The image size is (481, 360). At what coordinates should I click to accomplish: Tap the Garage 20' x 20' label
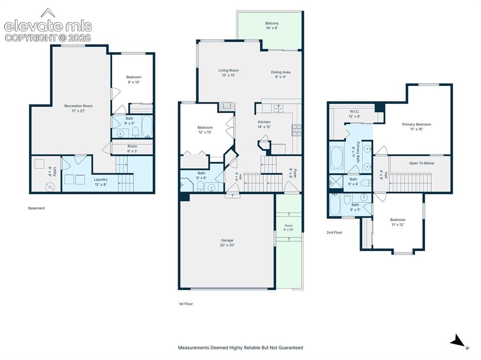(x=227, y=243)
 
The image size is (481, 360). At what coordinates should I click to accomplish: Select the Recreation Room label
(x=78, y=108)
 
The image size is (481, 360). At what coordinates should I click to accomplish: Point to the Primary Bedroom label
(x=416, y=127)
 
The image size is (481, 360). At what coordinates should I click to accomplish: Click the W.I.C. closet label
(x=354, y=114)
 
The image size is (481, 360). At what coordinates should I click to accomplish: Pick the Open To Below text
(x=421, y=163)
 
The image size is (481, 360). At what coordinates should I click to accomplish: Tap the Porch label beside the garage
(x=288, y=228)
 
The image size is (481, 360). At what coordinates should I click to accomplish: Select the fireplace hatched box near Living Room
(x=227, y=107)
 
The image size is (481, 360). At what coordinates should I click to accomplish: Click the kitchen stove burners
(x=296, y=130)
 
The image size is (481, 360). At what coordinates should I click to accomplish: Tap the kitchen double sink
(x=279, y=108)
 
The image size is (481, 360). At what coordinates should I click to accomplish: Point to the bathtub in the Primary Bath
(x=337, y=158)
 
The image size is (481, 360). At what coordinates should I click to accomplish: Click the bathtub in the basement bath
(x=147, y=126)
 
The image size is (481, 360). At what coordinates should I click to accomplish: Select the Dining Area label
(x=280, y=75)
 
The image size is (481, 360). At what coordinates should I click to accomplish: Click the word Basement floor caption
(x=37, y=208)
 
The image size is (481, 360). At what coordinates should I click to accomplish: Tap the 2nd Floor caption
(x=334, y=232)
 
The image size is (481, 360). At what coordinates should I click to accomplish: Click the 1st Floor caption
(x=186, y=304)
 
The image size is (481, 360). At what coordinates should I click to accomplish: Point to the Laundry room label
(x=101, y=182)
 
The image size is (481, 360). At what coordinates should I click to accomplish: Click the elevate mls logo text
(x=48, y=26)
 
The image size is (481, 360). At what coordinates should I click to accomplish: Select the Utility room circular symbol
(x=49, y=186)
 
